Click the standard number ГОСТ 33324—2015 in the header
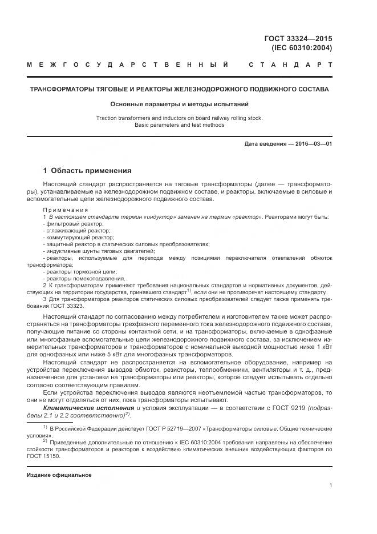tap(298, 39)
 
